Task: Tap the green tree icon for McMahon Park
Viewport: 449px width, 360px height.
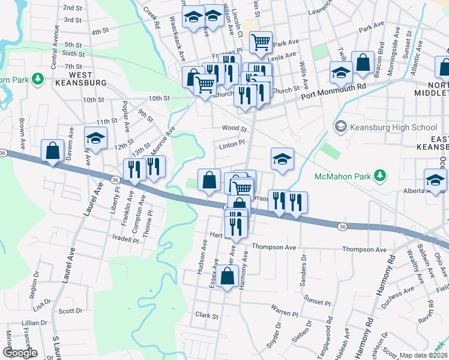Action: click(379, 176)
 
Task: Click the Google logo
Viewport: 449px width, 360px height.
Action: click(19, 353)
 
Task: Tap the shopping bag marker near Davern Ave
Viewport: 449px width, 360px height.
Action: click(53, 151)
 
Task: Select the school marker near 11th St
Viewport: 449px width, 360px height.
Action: click(95, 138)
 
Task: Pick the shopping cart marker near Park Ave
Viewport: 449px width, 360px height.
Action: click(261, 42)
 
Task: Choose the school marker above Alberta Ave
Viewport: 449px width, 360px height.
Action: click(435, 179)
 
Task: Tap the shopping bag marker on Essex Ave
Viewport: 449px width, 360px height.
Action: click(227, 277)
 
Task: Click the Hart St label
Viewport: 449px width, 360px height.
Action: click(216, 235)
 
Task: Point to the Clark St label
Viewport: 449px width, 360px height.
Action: click(206, 315)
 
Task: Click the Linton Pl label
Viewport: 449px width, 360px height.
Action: click(233, 143)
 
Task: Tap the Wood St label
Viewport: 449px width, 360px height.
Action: click(234, 128)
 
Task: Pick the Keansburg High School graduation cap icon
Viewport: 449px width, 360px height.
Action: click(341, 127)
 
